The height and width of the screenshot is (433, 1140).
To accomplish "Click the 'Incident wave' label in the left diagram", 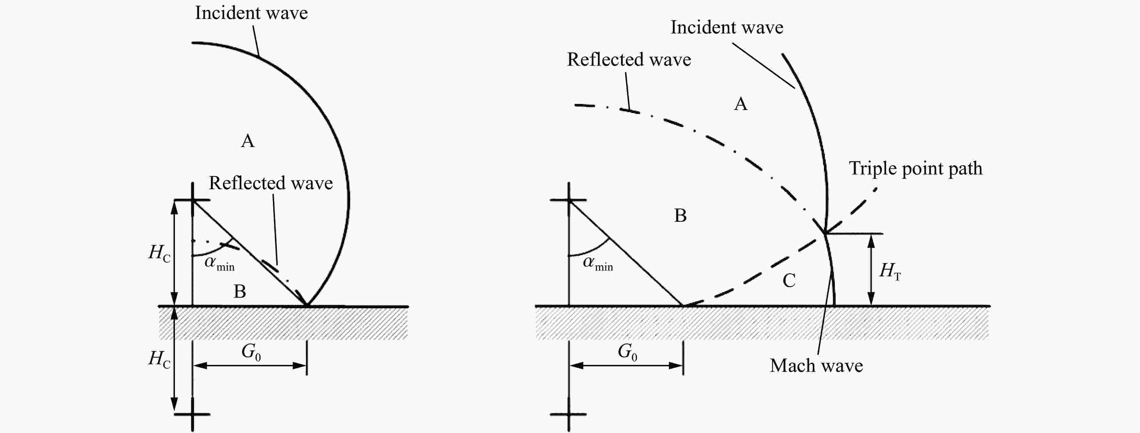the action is point(251,13).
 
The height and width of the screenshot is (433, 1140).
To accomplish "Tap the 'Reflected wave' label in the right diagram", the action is point(629,59).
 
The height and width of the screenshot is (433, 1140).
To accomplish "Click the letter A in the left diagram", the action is point(248,141).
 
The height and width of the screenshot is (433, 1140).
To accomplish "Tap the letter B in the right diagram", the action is point(680,216).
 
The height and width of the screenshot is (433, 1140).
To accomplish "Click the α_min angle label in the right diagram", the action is point(598,264).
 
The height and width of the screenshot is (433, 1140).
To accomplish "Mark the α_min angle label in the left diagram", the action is point(220,264).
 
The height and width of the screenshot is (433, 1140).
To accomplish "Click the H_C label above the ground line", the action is point(159,253).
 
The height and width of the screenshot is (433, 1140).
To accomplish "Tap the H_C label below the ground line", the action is point(159,359).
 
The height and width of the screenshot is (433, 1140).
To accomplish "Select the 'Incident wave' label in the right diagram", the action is point(727,27).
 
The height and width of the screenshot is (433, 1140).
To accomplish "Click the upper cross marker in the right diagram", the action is point(569,200).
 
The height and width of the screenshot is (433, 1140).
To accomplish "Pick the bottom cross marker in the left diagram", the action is point(192,414).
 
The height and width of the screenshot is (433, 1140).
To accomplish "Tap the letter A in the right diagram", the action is point(741,104).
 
